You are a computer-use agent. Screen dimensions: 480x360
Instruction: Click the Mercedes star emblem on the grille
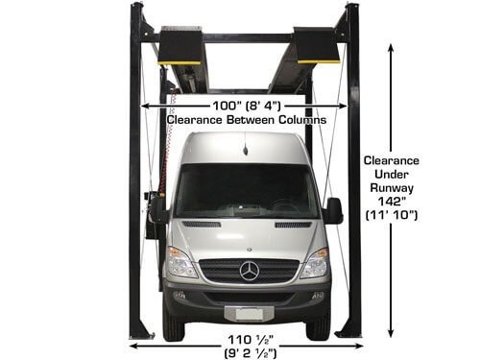(x=249, y=270)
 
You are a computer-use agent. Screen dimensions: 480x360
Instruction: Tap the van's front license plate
(x=248, y=313)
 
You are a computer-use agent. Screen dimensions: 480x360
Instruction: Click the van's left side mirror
(x=156, y=209)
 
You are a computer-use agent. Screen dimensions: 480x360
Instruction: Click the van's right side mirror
(x=333, y=210)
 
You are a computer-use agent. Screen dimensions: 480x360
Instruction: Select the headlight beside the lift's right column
(x=314, y=262)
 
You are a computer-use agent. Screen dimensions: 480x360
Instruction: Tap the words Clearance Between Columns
(x=246, y=120)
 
